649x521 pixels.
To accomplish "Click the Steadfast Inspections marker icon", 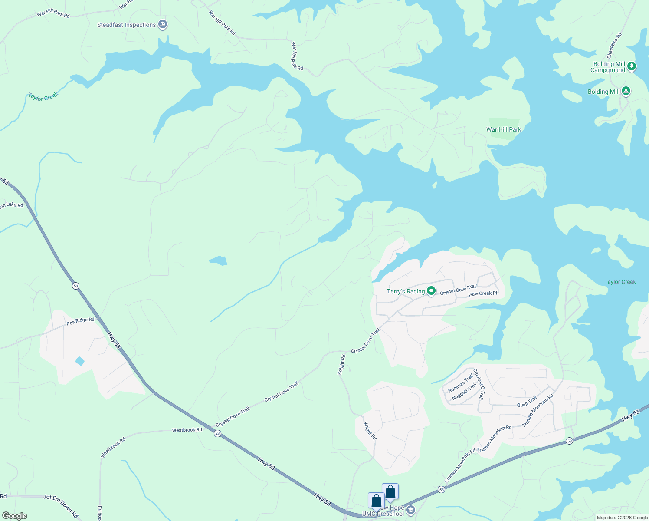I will pyautogui.click(x=163, y=24).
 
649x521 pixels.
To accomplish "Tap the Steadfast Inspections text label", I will pyautogui.click(x=126, y=25).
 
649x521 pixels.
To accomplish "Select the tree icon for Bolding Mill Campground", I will pyautogui.click(x=632, y=66).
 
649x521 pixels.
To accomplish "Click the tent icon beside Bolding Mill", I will pyautogui.click(x=626, y=91).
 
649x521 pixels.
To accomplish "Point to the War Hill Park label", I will pyautogui.click(x=503, y=129).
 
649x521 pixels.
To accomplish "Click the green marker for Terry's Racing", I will pyautogui.click(x=431, y=291).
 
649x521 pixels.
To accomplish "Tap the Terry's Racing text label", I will pyautogui.click(x=406, y=291).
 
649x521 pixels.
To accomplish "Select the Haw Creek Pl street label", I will pyautogui.click(x=482, y=294).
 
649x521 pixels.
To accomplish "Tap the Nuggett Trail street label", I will pyautogui.click(x=464, y=391).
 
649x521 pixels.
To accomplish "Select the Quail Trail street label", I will pyautogui.click(x=527, y=402).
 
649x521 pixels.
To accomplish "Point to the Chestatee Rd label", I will pyautogui.click(x=614, y=46).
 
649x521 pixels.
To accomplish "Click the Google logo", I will pyautogui.click(x=14, y=516).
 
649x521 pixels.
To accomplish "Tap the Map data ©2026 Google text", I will pyautogui.click(x=622, y=518).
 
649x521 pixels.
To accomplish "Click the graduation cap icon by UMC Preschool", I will pyautogui.click(x=410, y=510).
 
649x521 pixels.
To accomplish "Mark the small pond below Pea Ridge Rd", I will pyautogui.click(x=79, y=361).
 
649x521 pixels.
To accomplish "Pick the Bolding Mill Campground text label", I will pyautogui.click(x=608, y=67).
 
